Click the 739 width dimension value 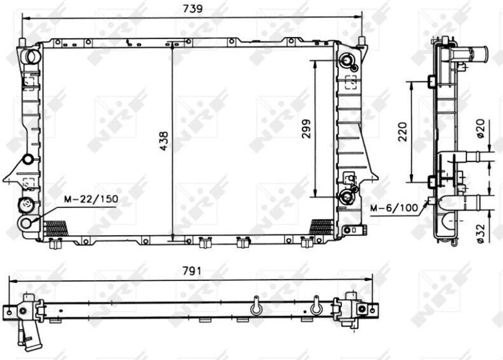tap(193, 9)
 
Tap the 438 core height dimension tap(164, 140)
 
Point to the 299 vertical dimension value tap(307, 128)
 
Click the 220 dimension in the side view tap(402, 132)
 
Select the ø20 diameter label tap(480, 128)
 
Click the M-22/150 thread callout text tap(91, 199)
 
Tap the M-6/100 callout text tap(394, 208)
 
